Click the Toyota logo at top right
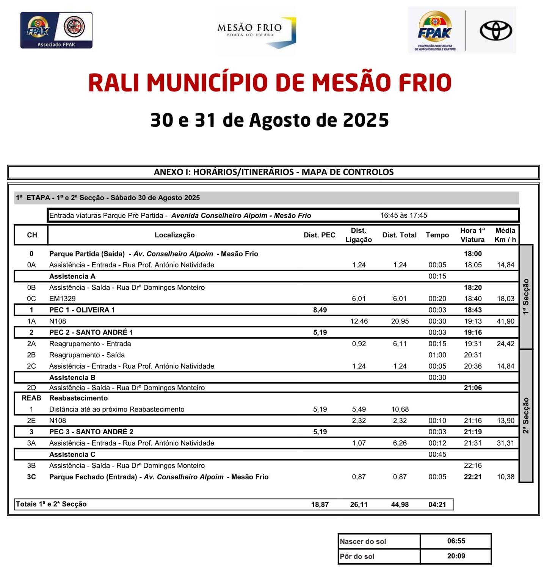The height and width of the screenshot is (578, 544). [495, 31]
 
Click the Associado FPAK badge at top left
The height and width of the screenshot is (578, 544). [56, 30]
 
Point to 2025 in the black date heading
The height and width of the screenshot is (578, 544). [366, 120]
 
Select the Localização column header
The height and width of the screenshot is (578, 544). [174, 235]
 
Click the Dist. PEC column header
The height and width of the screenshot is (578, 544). [319, 235]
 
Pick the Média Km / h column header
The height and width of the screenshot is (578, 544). [505, 235]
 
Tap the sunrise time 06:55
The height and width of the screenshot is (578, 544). [456, 541]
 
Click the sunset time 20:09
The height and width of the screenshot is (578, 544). [456, 556]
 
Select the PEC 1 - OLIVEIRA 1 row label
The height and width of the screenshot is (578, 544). [82, 310]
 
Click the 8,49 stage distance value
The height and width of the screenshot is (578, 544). [320, 310]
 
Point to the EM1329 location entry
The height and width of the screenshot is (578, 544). [63, 299]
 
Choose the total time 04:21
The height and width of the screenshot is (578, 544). [437, 504]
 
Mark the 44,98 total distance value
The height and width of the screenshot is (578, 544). [400, 504]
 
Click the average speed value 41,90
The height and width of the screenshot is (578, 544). [506, 321]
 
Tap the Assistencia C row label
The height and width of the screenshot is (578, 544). [72, 454]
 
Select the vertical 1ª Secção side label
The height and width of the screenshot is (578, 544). [526, 297]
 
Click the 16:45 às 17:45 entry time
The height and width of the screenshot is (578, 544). [404, 215]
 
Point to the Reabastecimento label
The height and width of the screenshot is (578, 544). [78, 398]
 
